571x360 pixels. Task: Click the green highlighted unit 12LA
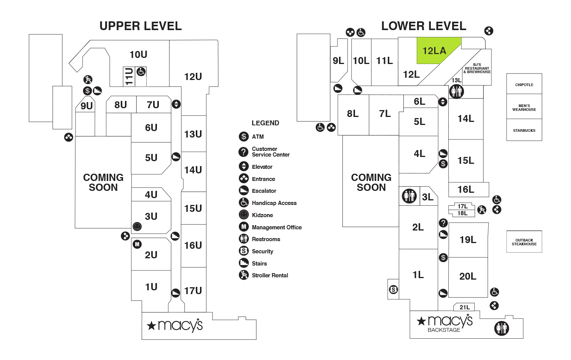pos(435,51)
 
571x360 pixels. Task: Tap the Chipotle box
pos(524,84)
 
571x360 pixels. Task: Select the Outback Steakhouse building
pos(524,242)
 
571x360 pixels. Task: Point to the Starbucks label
pos(524,131)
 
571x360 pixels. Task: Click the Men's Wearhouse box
pos(524,107)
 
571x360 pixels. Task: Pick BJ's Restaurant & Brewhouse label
pos(477,68)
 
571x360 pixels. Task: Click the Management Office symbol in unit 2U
pos(137,244)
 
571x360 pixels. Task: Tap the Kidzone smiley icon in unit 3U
pos(137,226)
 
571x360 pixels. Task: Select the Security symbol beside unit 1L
pos(393,290)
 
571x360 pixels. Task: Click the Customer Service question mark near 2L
pos(443,223)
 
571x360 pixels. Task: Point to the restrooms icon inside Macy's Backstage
pos(502,328)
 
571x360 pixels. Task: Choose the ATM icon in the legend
pos(244,137)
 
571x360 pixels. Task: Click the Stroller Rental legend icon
pos(244,275)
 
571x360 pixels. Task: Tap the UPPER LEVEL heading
pos(141,26)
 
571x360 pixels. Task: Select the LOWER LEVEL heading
pos(424,26)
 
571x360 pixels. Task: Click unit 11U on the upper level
pos(129,77)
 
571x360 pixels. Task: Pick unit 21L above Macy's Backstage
pos(464,307)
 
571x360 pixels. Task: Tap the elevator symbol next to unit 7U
pos(176,104)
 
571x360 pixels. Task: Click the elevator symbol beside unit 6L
pos(443,102)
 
